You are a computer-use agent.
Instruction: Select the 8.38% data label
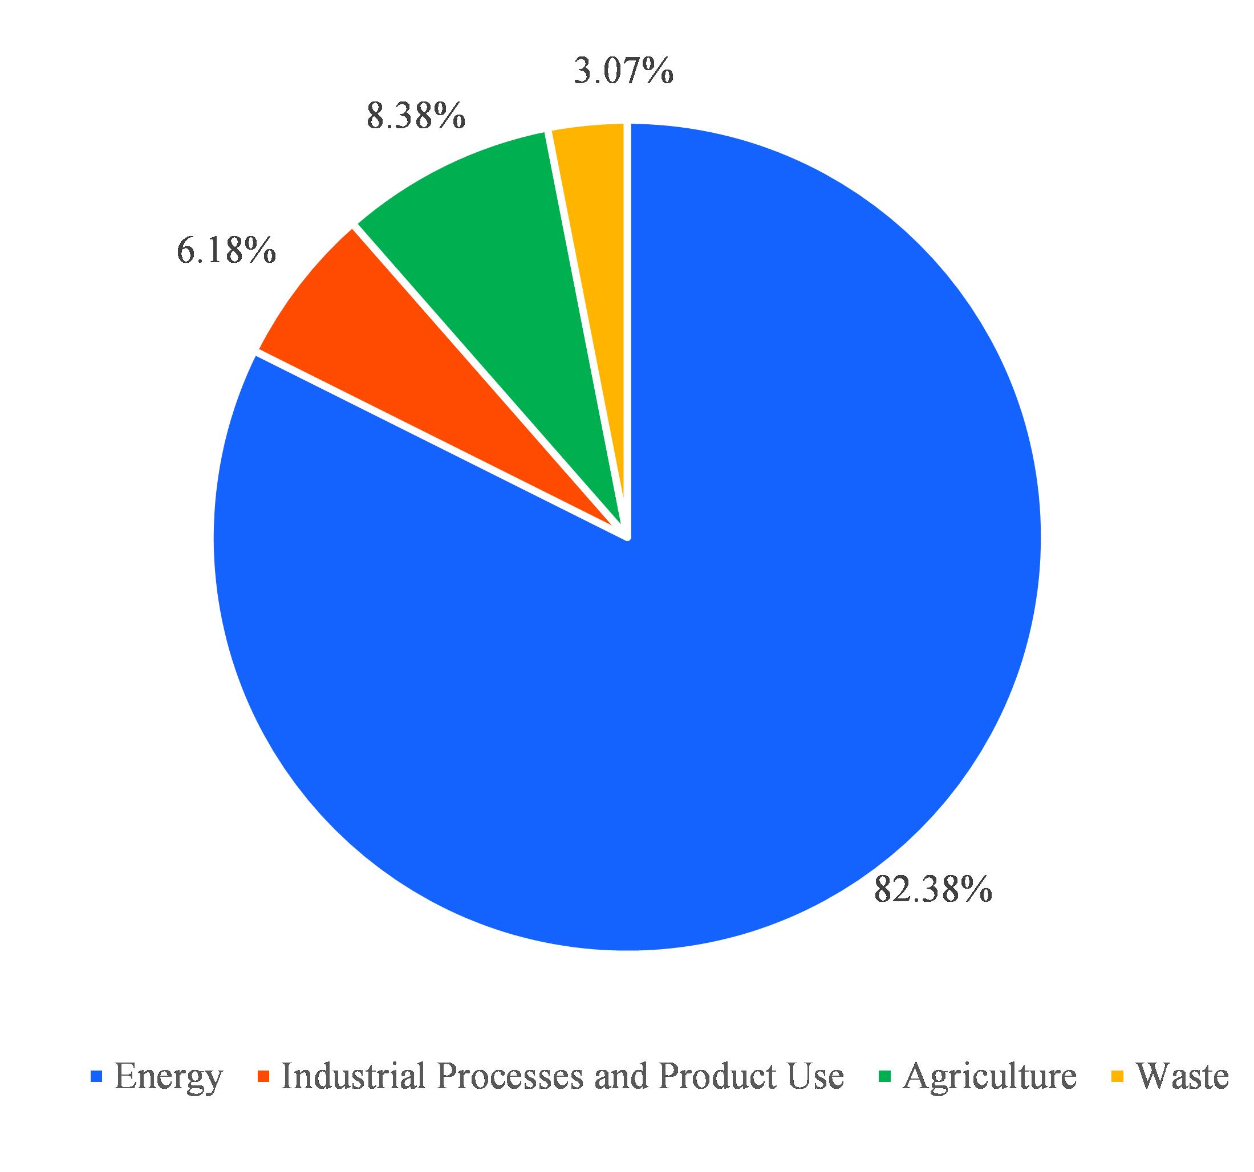(416, 117)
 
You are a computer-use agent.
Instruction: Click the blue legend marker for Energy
(96, 1076)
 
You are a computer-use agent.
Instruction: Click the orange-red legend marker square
(263, 1076)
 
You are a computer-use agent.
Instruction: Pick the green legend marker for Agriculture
(886, 1076)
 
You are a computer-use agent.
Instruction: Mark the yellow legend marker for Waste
(1117, 1076)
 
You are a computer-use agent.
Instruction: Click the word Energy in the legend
(168, 1077)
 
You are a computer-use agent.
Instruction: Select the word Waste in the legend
(1182, 1076)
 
